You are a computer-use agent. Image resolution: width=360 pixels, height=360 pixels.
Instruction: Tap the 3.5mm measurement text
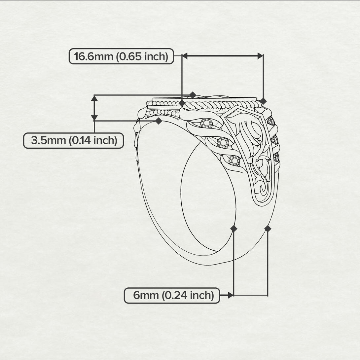[49, 140]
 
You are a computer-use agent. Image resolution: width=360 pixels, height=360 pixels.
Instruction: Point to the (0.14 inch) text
[93, 140]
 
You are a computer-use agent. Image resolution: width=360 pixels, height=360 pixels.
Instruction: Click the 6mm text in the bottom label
[146, 295]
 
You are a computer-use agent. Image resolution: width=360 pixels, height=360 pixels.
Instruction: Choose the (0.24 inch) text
[188, 296]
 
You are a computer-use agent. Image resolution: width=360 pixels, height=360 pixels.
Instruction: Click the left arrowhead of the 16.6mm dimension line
[185, 55]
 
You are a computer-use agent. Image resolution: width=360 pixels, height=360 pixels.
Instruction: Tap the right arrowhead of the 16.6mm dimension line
[260, 56]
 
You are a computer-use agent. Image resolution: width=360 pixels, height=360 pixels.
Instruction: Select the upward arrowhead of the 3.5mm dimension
[94, 98]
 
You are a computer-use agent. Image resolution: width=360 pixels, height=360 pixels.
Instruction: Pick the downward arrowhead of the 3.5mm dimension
[94, 117]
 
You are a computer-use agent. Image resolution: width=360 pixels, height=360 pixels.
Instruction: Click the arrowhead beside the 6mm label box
[231, 295]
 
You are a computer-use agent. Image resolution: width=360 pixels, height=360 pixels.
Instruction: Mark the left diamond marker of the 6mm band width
[234, 229]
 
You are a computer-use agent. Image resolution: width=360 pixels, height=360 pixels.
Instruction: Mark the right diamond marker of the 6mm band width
[268, 229]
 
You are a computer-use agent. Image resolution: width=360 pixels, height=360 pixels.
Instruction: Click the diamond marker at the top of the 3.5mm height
[193, 95]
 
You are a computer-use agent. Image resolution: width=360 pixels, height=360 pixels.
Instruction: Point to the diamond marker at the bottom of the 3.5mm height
[159, 121]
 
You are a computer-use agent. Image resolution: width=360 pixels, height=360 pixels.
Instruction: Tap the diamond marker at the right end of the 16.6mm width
[263, 101]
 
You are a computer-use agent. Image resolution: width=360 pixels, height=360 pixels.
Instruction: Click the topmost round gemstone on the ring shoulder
[207, 123]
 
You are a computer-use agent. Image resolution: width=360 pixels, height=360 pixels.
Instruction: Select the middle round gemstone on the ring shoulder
[223, 142]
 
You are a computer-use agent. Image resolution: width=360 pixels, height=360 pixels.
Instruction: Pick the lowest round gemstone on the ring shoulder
[234, 161]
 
